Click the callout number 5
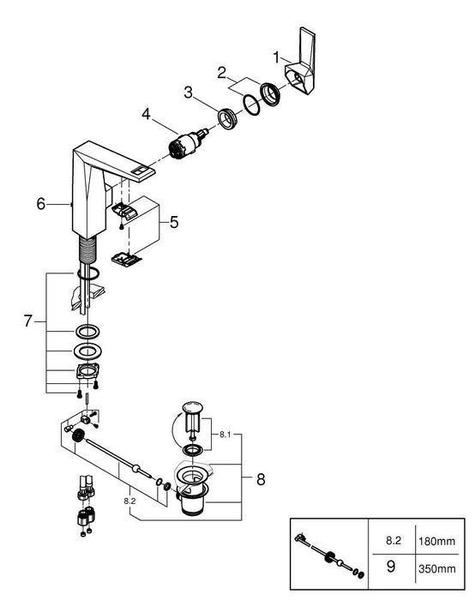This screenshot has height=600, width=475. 175,223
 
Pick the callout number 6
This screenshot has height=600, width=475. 39,204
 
